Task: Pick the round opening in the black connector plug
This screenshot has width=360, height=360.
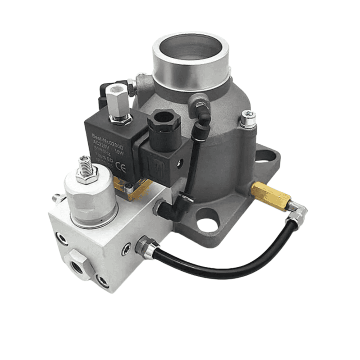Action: tap(164, 118)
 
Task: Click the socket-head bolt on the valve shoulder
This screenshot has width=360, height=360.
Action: tap(248, 119)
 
